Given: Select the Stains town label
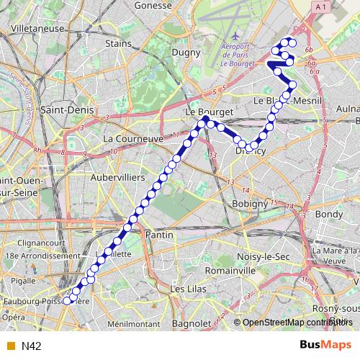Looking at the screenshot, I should click(118, 43).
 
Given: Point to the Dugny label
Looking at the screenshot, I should click(186, 53).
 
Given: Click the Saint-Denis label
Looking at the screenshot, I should click(63, 111).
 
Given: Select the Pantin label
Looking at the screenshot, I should click(160, 235).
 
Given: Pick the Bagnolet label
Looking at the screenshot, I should click(192, 324).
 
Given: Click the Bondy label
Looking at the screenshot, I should click(330, 215).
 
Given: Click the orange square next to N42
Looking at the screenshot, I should click(10, 346).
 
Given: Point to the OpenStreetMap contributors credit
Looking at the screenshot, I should click(291, 323).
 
